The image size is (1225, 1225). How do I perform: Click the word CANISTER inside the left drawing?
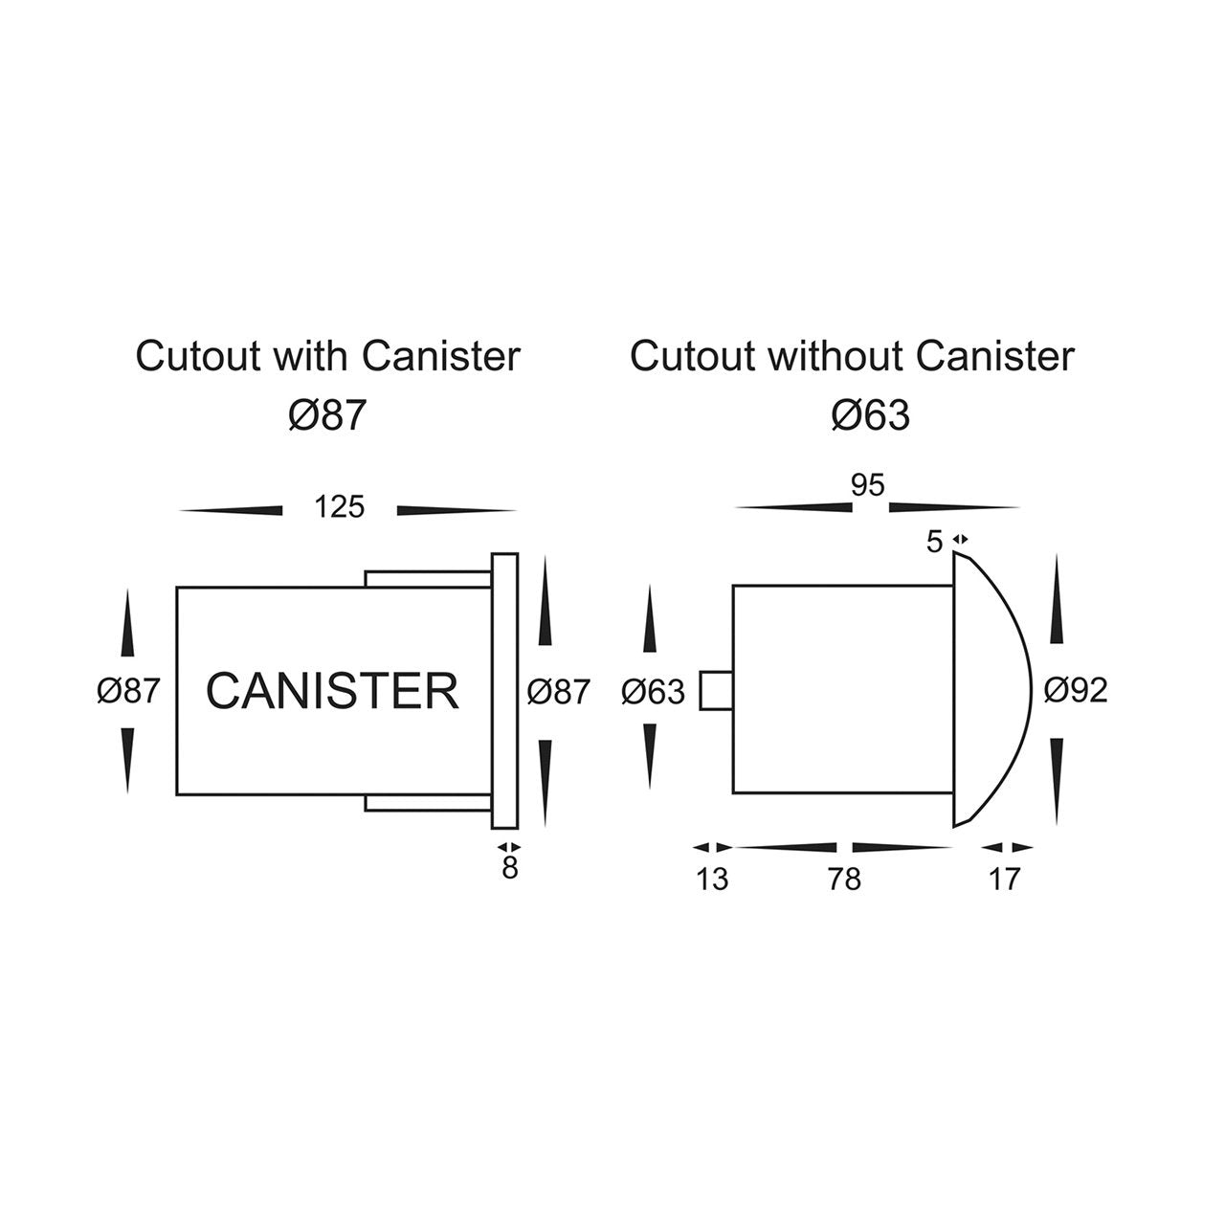(x=332, y=691)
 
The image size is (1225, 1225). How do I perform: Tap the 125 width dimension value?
(x=340, y=506)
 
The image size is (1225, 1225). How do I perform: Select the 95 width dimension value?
(x=867, y=486)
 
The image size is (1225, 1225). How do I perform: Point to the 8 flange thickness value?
(x=509, y=869)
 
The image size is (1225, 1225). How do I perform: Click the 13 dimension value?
(x=712, y=879)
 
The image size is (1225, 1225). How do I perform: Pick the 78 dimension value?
(x=845, y=879)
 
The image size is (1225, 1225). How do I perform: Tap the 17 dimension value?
(x=1004, y=879)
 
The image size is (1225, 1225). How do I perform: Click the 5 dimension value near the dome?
(x=935, y=543)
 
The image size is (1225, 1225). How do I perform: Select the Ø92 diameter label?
(x=1076, y=690)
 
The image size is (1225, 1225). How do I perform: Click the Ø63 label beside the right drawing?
(x=653, y=692)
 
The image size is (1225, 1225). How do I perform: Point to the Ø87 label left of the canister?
(x=127, y=690)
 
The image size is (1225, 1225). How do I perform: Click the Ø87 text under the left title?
(x=327, y=415)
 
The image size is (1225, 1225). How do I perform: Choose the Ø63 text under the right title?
(x=870, y=415)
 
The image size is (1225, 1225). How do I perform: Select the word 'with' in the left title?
(x=310, y=357)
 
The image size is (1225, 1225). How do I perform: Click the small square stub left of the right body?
(x=716, y=690)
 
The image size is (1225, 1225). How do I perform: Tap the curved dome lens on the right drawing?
(x=991, y=689)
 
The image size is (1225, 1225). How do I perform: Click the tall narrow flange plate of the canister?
(x=504, y=690)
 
